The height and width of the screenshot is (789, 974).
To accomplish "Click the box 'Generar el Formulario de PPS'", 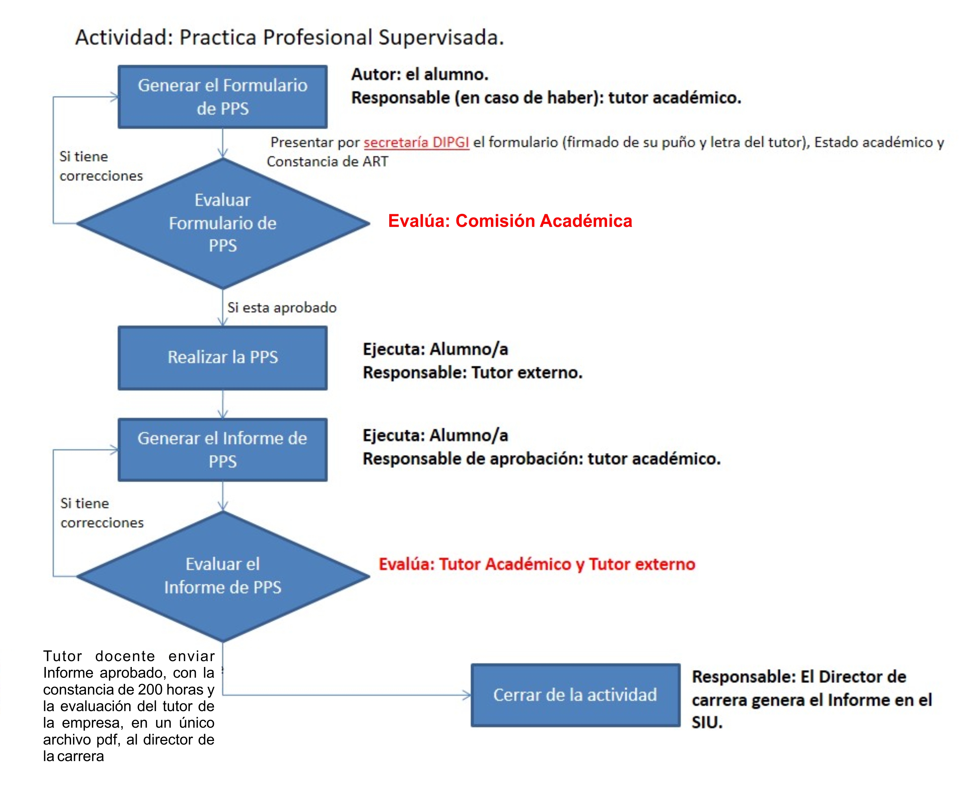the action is [x=222, y=97].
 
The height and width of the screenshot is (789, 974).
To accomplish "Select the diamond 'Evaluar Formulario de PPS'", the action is [x=223, y=223].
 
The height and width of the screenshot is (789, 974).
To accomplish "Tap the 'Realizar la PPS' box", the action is [x=222, y=358].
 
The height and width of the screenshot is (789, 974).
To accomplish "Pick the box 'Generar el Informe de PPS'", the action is [x=222, y=450].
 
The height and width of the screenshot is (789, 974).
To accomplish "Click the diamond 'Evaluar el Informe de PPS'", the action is [x=223, y=576].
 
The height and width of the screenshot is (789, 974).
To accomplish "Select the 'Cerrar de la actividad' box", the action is [x=575, y=695].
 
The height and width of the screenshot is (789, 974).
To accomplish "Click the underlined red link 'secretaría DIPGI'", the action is [x=416, y=143].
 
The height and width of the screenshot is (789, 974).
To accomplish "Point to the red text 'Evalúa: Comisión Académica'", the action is [x=510, y=221].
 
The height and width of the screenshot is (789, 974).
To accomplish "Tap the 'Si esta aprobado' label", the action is [x=282, y=308].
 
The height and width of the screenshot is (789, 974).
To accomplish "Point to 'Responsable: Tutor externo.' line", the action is [x=472, y=373].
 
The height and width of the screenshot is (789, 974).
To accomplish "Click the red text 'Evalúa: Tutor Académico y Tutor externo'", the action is [x=537, y=564].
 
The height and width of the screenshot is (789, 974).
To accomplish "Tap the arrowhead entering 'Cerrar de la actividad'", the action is [x=467, y=695].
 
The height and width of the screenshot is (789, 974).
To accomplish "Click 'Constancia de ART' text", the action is [x=327, y=162].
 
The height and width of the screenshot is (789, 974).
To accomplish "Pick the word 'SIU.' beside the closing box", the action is [x=707, y=723].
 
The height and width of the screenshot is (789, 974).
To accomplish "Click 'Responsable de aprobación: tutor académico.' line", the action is [x=542, y=459].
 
